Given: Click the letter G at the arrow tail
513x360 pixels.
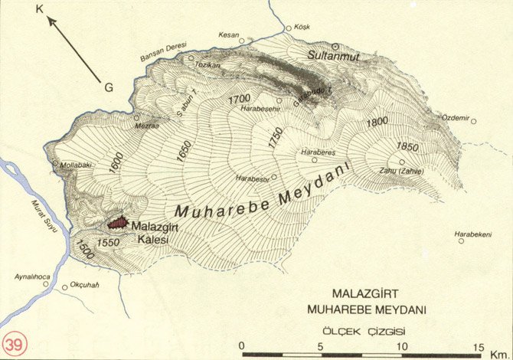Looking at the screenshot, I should click(x=109, y=88).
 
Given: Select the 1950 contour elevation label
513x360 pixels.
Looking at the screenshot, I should click(x=407, y=146).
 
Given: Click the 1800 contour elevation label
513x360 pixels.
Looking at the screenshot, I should click(x=377, y=121).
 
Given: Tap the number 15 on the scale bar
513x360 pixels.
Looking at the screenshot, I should click(x=479, y=345).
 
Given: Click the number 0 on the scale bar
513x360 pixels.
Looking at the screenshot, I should click(x=241, y=345).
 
